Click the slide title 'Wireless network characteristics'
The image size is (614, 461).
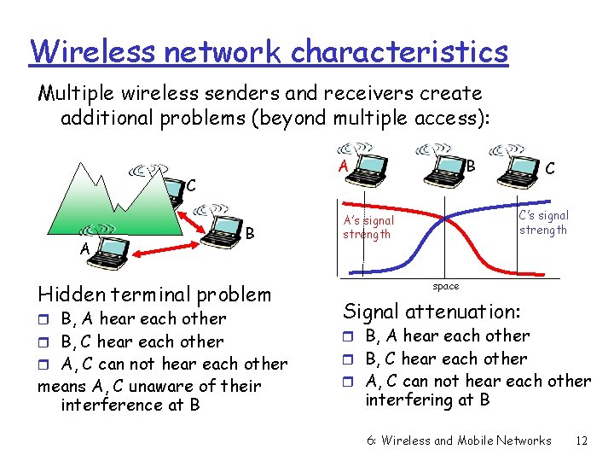coord(269,51)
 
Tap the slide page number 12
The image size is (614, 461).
coord(582,441)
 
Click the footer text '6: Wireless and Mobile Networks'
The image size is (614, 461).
coord(459,441)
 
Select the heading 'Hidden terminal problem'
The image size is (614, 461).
coord(154,295)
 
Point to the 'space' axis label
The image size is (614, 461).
coord(445,286)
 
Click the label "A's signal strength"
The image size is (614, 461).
coord(368,227)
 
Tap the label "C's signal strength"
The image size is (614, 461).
coord(543,223)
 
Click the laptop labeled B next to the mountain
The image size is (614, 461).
coord(225,230)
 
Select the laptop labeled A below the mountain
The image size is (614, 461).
coord(101,242)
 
